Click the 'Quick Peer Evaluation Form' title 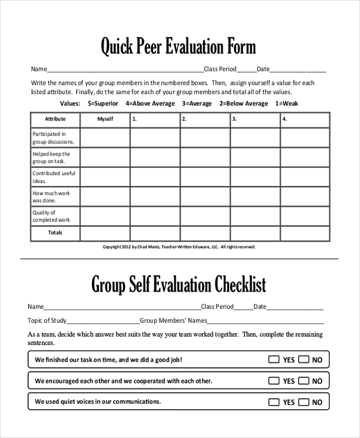click(178, 46)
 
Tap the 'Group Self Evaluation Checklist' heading click(178, 284)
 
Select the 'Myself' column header click(105, 119)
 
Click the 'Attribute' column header click(55, 119)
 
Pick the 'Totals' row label click(55, 233)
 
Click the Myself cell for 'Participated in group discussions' click(105, 138)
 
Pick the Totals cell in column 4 click(305, 233)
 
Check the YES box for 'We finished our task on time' click(274, 360)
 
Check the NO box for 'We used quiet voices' click(304, 402)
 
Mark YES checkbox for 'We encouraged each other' click(274, 381)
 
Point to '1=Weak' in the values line click(286, 104)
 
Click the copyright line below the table click(179, 247)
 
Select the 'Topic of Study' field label click(47, 321)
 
